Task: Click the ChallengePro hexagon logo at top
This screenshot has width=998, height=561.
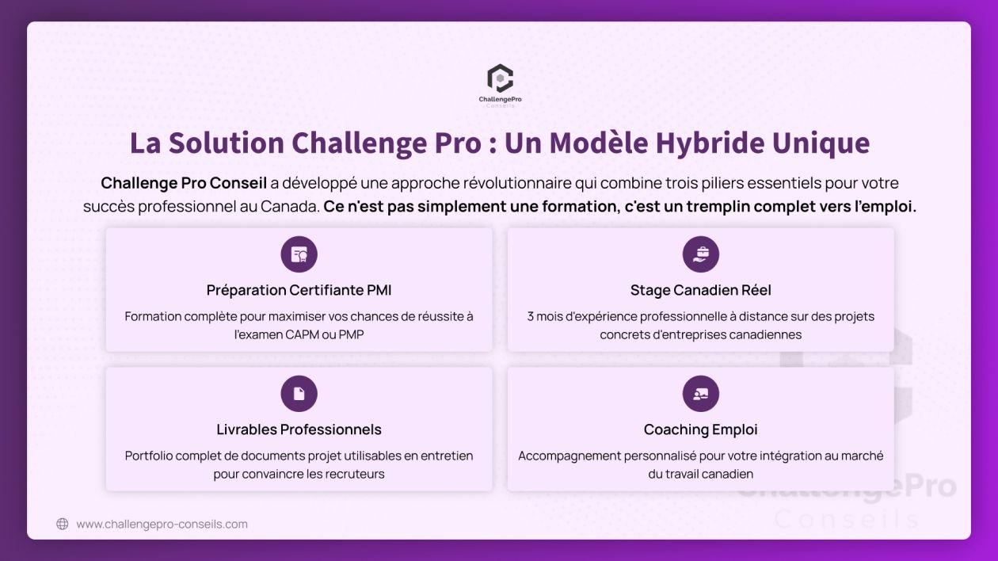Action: (x=500, y=78)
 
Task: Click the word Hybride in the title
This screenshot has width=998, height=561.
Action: (x=710, y=143)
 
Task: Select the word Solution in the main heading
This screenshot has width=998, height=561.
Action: (x=226, y=143)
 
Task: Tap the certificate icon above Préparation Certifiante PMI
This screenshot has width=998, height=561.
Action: (x=299, y=254)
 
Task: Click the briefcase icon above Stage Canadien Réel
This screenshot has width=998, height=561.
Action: (x=701, y=254)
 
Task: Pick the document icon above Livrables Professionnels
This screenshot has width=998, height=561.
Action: (x=299, y=394)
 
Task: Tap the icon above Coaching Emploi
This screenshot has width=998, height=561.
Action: (x=701, y=394)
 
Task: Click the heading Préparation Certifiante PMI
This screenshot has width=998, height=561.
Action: (x=299, y=290)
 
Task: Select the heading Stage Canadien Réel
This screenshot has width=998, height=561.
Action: (x=701, y=290)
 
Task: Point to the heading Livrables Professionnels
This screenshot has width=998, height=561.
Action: (x=299, y=429)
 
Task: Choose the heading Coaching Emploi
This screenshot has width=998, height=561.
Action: (x=701, y=429)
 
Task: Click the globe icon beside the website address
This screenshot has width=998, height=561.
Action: (x=63, y=524)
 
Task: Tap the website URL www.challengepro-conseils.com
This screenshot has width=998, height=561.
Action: (x=162, y=524)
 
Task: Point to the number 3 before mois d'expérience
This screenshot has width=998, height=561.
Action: (x=530, y=316)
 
